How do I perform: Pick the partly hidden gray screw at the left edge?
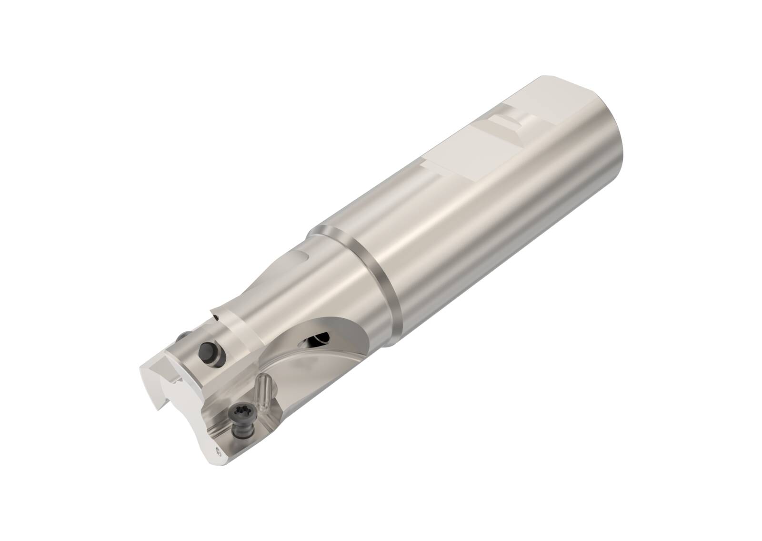point(182,337)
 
